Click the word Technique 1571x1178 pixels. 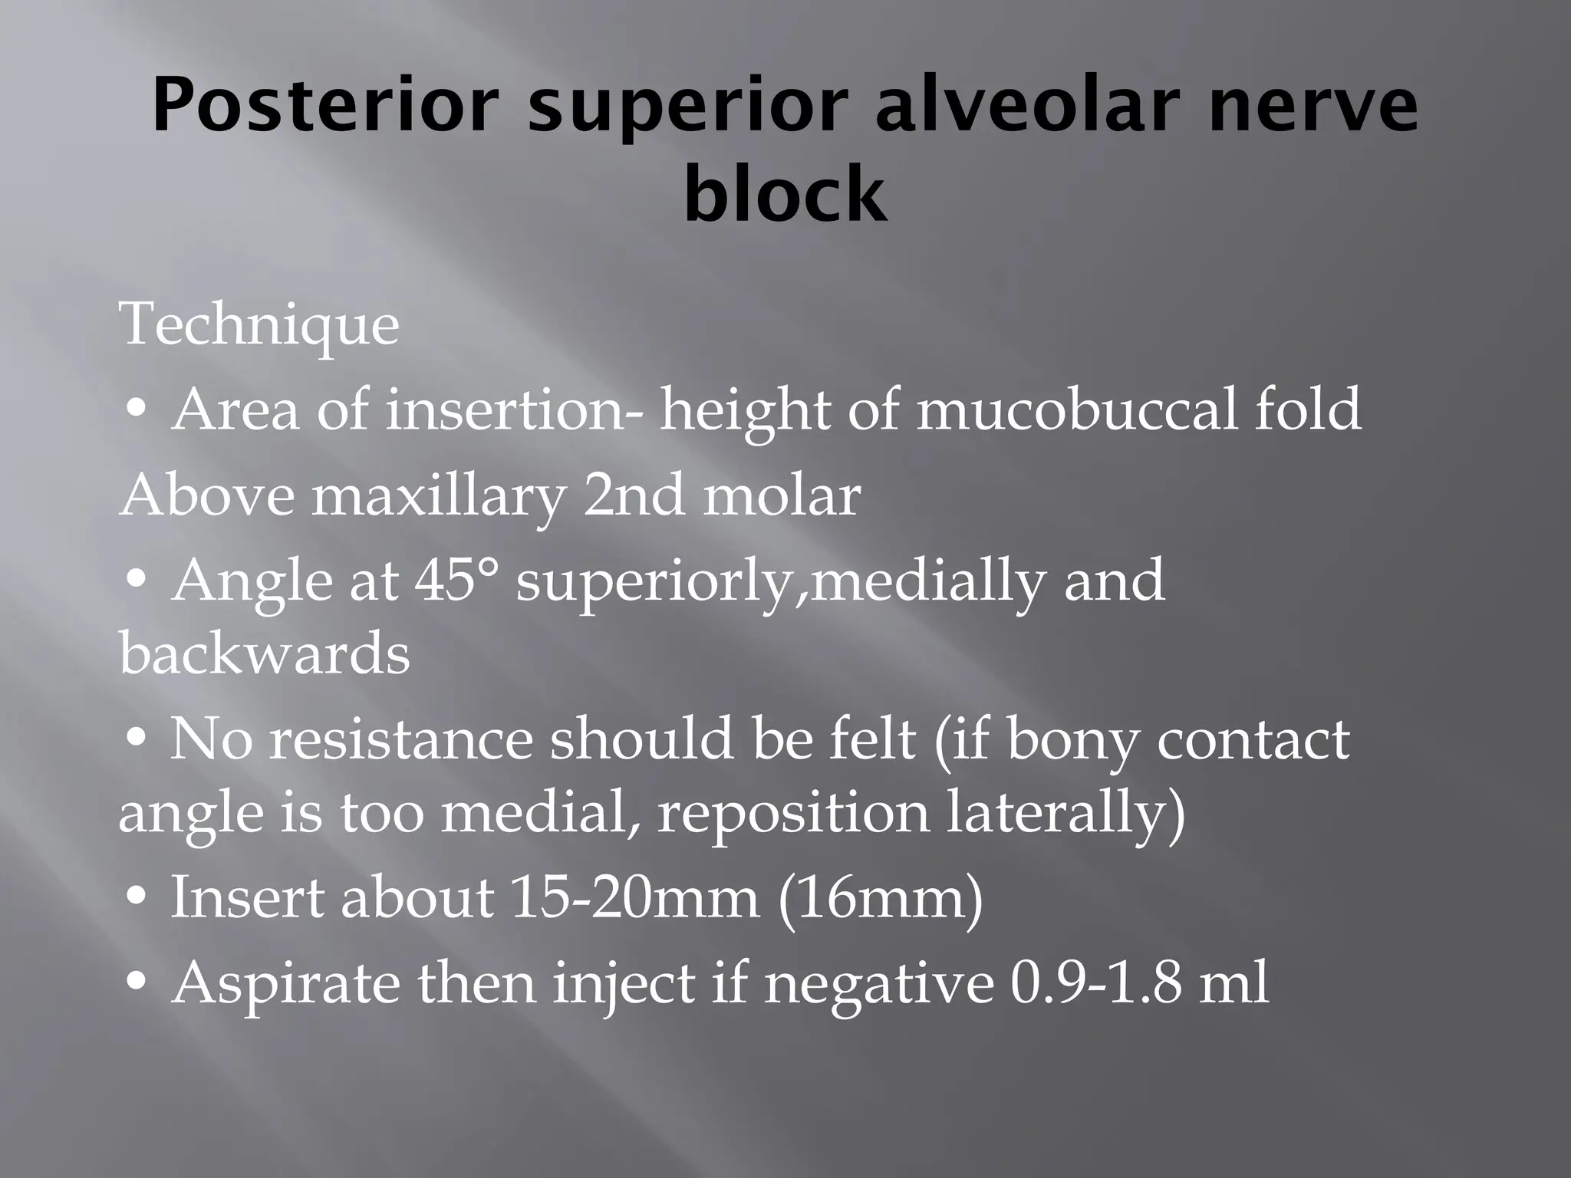pyautogui.click(x=259, y=325)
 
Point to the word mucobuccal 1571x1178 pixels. pyautogui.click(x=1075, y=410)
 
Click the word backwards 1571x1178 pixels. pyautogui.click(x=265, y=654)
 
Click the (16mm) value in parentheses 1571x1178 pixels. pyautogui.click(x=880, y=898)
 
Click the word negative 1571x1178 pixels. pyautogui.click(x=878, y=984)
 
